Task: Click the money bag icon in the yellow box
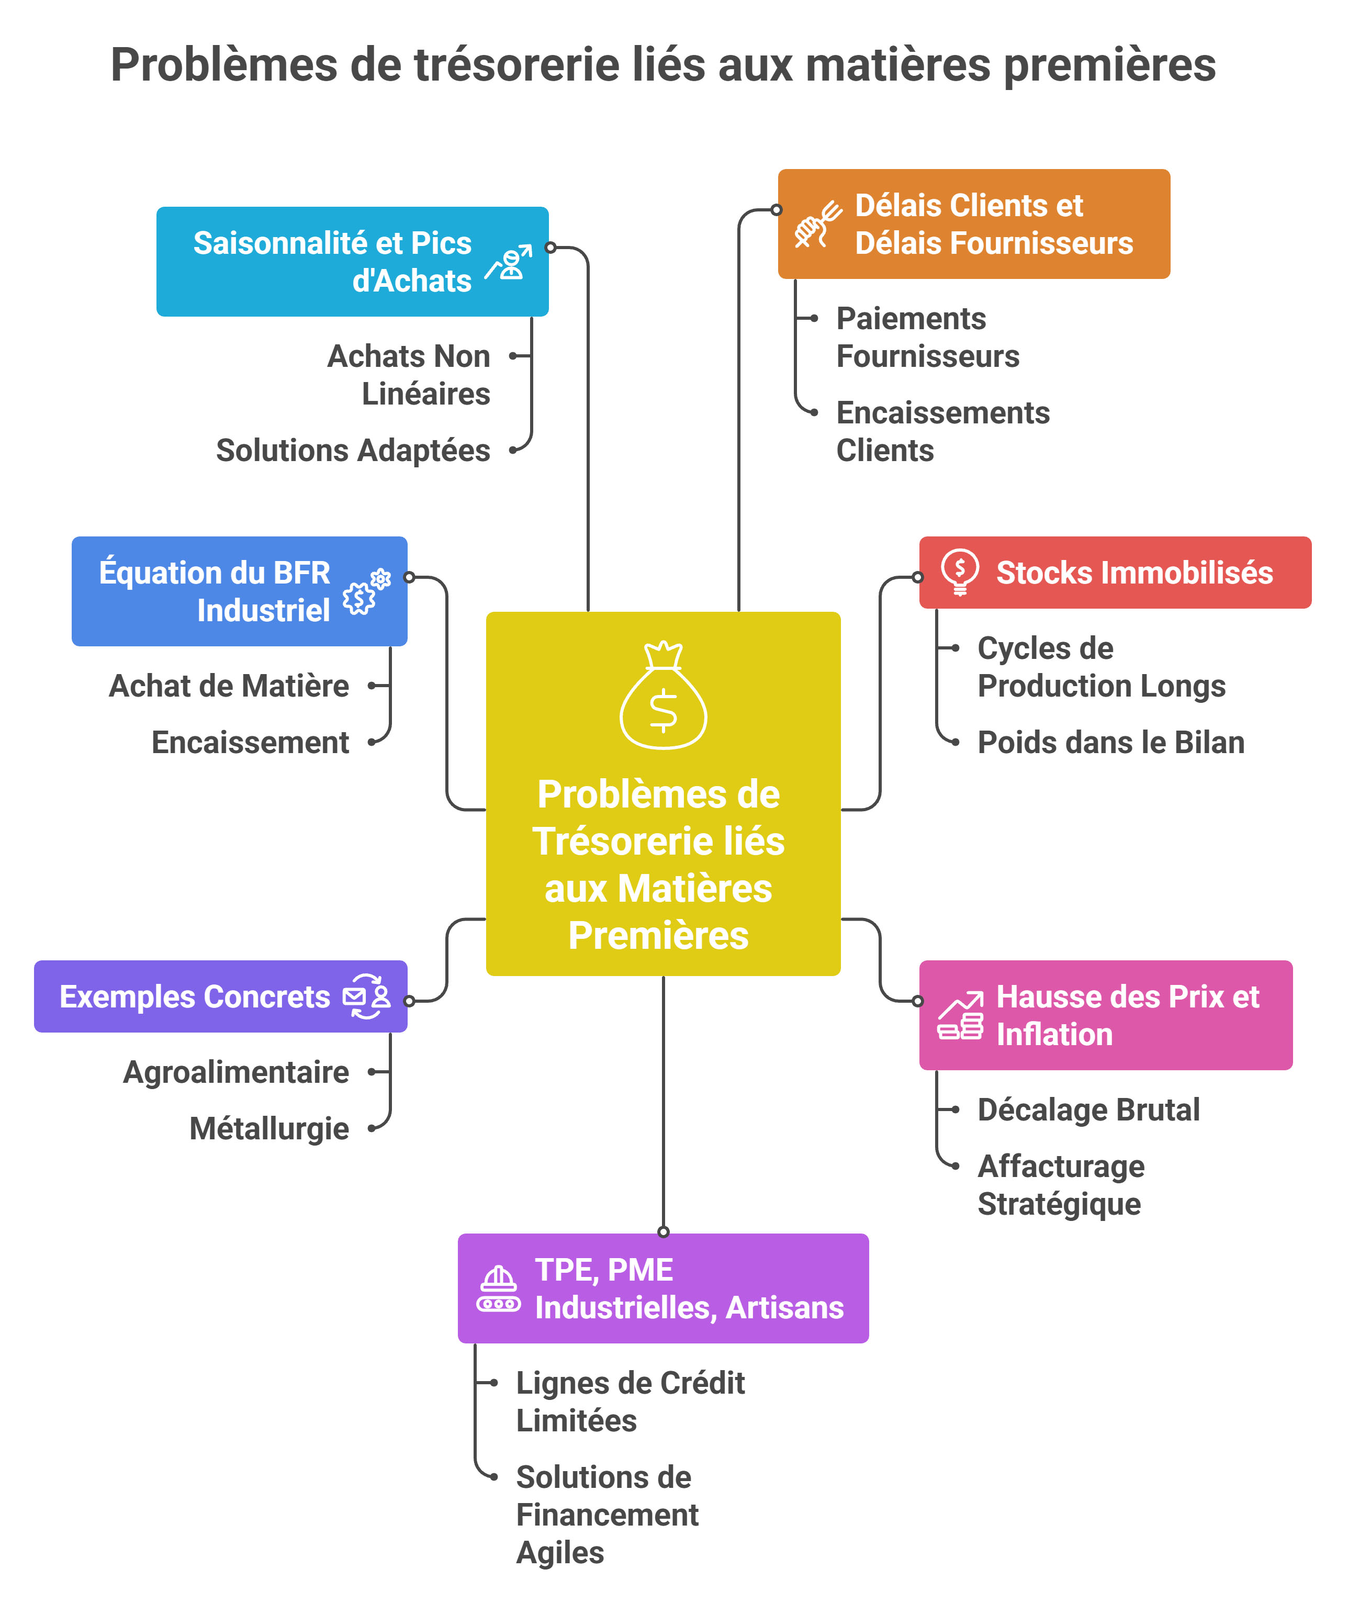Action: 662,695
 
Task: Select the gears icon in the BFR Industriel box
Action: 367,591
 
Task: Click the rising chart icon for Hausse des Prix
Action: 960,1015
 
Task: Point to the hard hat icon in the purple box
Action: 498,1289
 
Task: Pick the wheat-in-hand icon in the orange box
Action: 817,223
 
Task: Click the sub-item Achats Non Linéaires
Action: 408,375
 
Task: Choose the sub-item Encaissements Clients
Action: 942,431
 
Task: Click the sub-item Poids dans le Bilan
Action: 1110,743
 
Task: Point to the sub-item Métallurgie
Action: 269,1128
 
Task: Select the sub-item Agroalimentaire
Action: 236,1072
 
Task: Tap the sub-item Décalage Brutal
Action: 1088,1110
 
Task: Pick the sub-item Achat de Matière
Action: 229,686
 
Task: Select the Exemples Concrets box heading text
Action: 195,997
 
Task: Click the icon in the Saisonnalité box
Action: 509,262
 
